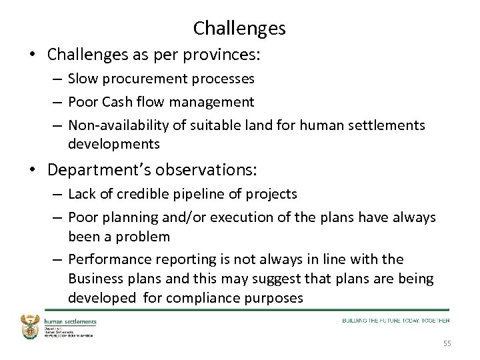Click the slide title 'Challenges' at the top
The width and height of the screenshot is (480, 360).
pos(239,28)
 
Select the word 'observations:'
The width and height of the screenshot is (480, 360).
pos(211,170)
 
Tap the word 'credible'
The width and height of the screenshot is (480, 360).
pos(139,194)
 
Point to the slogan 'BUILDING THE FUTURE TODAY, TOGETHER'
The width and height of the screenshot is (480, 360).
pos(395,321)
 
